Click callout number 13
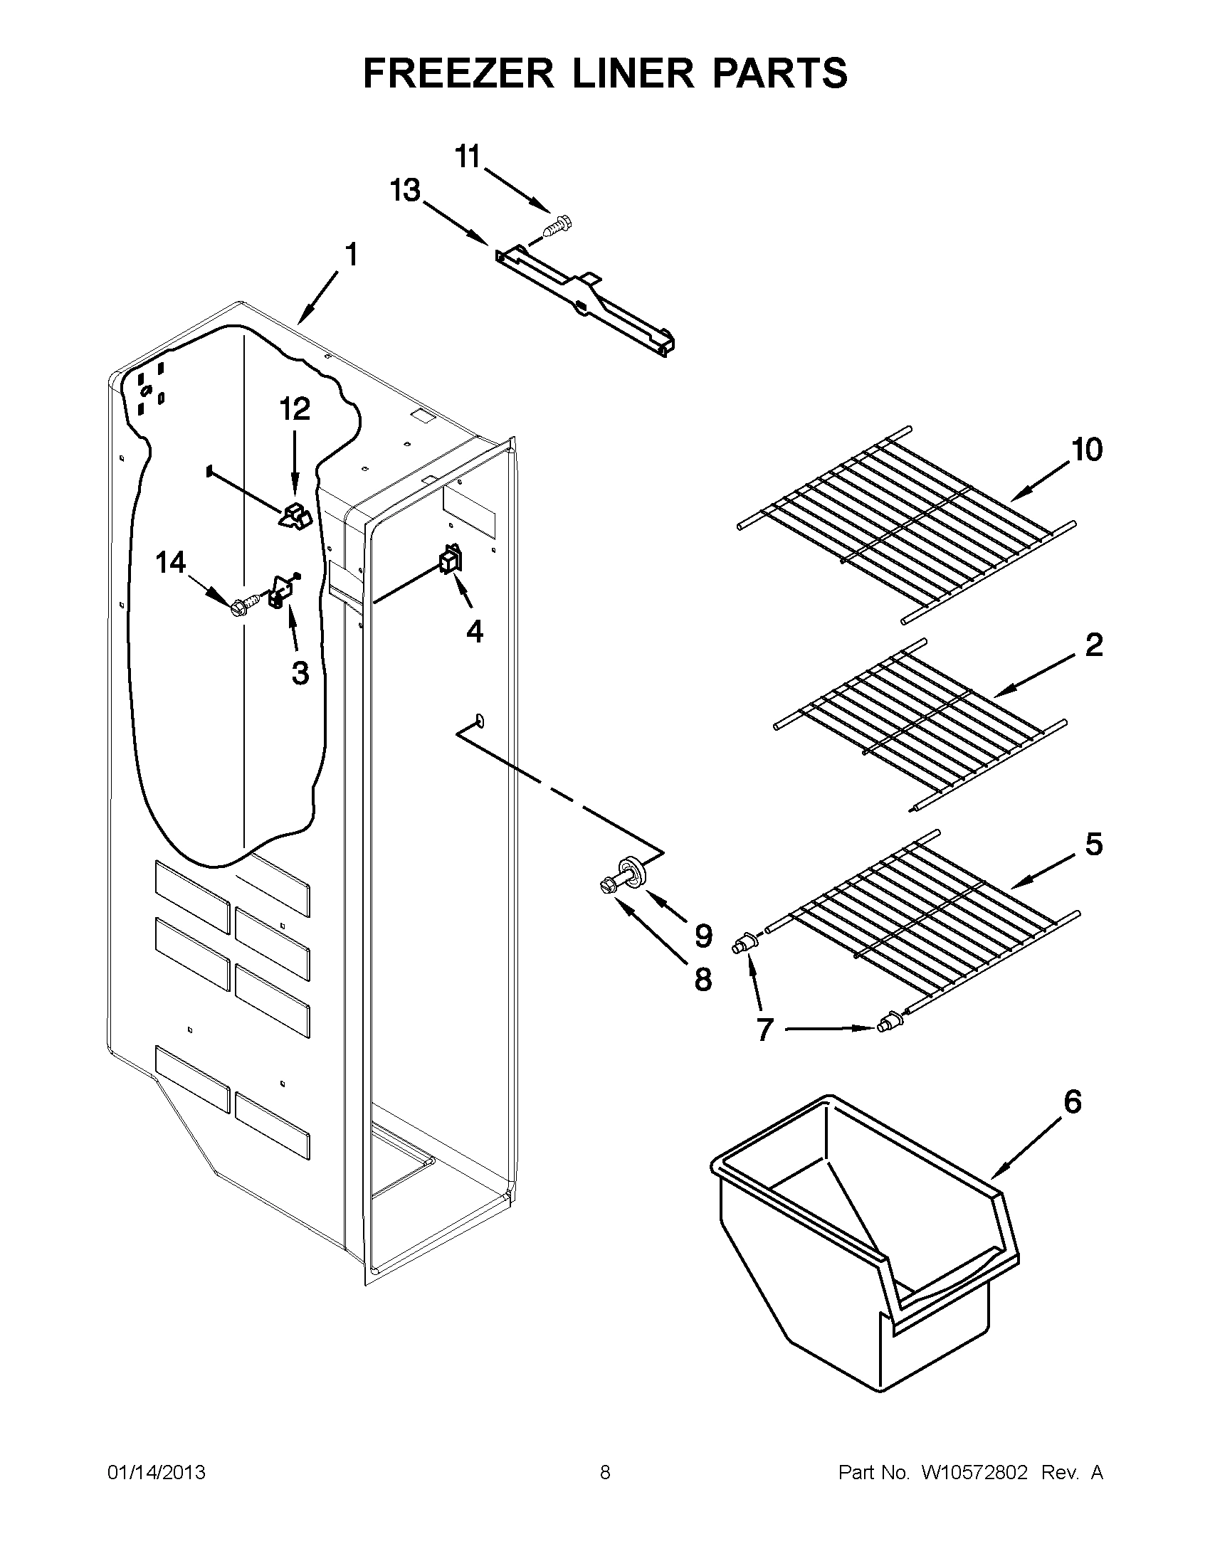[404, 191]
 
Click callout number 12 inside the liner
[295, 408]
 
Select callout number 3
[300, 672]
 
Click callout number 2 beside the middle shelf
[1093, 645]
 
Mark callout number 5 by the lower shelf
[1093, 845]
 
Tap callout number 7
[764, 1031]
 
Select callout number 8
[703, 979]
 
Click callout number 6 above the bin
[1072, 1101]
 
